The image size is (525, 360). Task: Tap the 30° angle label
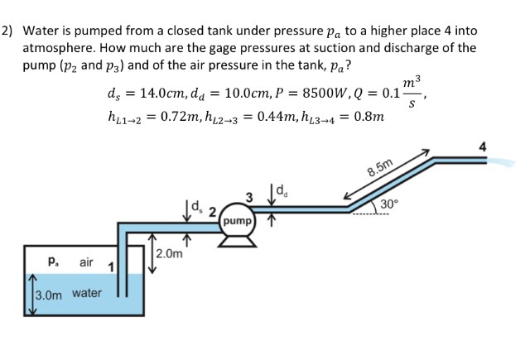pyautogui.click(x=392, y=203)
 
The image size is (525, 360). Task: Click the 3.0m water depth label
pyautogui.click(x=49, y=294)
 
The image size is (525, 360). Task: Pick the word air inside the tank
pyautogui.click(x=86, y=262)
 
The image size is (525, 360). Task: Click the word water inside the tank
pyautogui.click(x=87, y=294)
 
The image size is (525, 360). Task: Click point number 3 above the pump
pyautogui.click(x=247, y=196)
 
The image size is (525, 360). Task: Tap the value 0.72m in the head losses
pyautogui.click(x=191, y=117)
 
